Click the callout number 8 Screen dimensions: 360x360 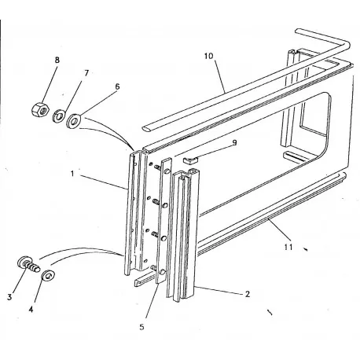(x=56, y=60)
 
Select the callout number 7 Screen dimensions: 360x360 (x=86, y=72)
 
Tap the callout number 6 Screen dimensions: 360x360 (x=116, y=86)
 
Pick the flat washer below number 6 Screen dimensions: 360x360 (x=75, y=121)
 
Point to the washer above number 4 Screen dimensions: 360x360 (x=48, y=276)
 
